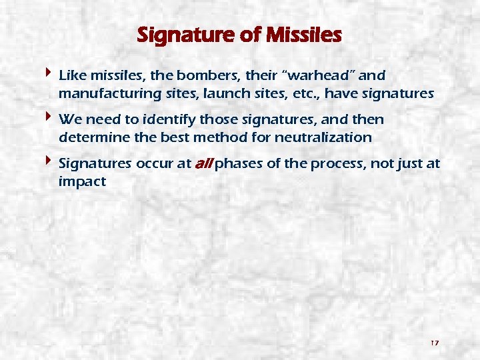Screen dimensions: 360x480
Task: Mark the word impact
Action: pos(82,181)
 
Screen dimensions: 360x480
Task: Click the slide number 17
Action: pos(434,343)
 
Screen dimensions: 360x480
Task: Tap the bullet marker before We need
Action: pos(49,117)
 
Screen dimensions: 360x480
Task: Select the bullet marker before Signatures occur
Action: pos(49,161)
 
